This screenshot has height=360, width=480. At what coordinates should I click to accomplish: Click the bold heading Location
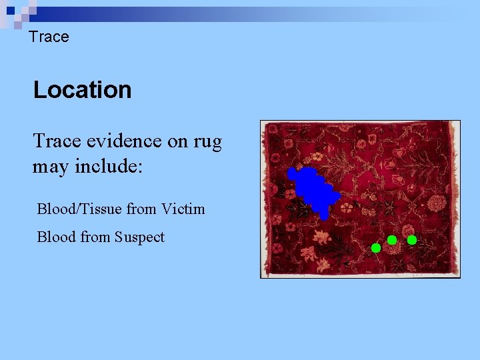83,90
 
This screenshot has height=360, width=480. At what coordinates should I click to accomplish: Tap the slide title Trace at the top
49,37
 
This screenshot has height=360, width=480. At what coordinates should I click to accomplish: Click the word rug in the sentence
207,141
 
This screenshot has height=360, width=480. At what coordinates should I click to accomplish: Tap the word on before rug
175,141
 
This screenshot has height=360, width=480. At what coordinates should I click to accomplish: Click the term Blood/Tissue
79,209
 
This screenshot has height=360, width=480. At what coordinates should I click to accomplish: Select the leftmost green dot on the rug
376,248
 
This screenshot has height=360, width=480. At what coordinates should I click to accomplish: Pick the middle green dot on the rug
392,239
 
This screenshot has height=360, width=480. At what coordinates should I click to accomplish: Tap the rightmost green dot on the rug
412,239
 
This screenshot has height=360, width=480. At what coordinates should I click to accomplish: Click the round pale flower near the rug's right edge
437,203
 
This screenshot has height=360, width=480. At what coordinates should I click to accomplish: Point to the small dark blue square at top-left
9,9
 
